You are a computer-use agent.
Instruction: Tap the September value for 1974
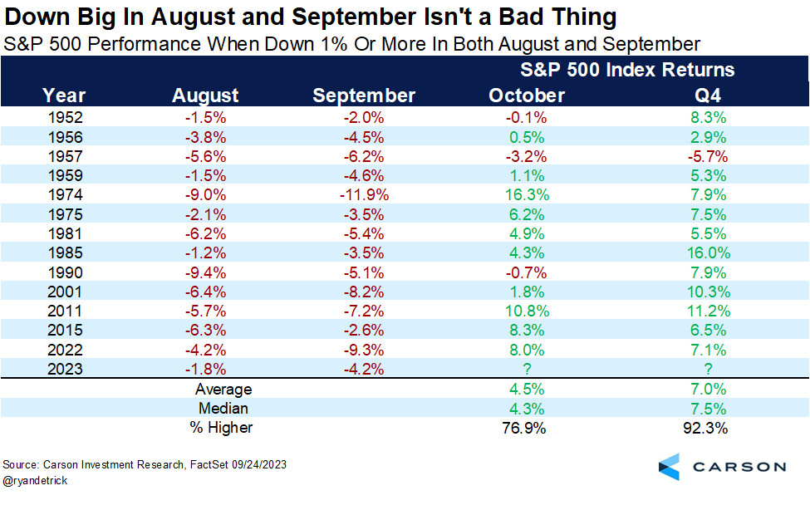coord(364,194)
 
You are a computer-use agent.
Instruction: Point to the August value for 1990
coord(205,272)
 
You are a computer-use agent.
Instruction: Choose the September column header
coord(364,96)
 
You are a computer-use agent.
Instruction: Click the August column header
coord(205,96)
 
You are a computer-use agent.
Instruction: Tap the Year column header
coord(64,96)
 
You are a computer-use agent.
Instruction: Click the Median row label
coord(223,408)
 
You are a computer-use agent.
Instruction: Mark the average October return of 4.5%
coord(527,389)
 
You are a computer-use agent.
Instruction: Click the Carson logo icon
coord(669,466)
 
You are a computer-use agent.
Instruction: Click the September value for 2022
coord(364,350)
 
